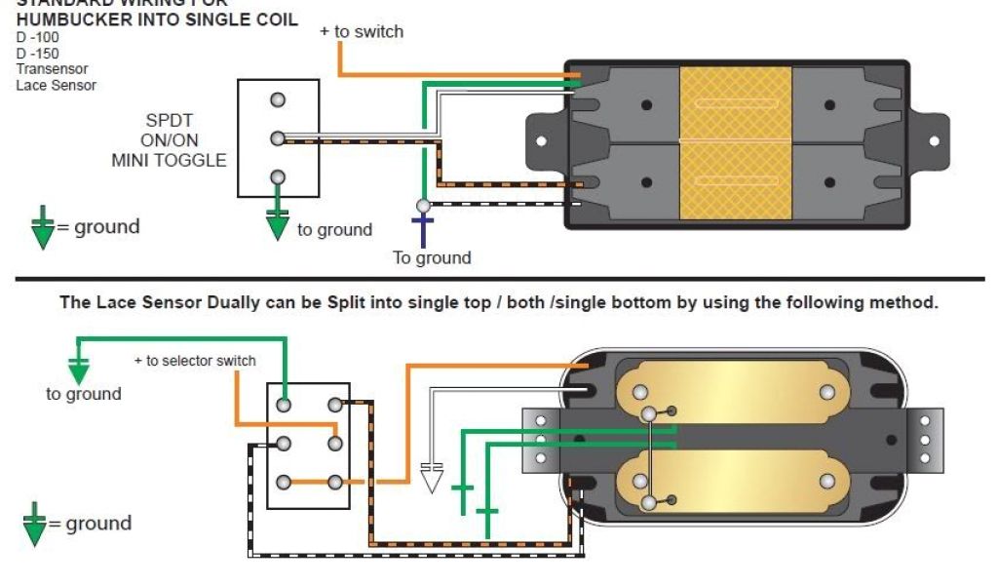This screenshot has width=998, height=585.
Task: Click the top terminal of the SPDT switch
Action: coord(278,100)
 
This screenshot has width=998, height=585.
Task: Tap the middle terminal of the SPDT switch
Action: coord(278,138)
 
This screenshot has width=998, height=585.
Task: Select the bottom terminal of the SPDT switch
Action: coord(278,177)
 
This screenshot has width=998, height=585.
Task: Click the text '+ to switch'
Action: coord(362,31)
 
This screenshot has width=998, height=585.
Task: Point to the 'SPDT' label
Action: coord(170,121)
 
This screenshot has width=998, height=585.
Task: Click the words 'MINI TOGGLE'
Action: coord(169,160)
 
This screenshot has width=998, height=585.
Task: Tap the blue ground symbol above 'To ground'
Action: coord(423,230)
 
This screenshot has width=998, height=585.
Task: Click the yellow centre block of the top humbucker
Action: coord(736,143)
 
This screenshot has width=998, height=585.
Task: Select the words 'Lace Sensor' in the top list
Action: coord(56,85)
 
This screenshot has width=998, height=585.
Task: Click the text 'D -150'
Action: coord(37,54)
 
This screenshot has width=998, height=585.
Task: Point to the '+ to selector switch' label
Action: coord(195,361)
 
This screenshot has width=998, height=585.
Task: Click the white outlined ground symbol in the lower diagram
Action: coord(431,477)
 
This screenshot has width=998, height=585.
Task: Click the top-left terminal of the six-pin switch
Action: coord(284,405)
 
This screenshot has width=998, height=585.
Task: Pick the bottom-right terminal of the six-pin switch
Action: coord(335,483)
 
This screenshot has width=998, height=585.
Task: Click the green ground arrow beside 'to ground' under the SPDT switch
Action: coord(278,224)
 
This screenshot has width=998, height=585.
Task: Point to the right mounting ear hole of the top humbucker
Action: coord(933,142)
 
